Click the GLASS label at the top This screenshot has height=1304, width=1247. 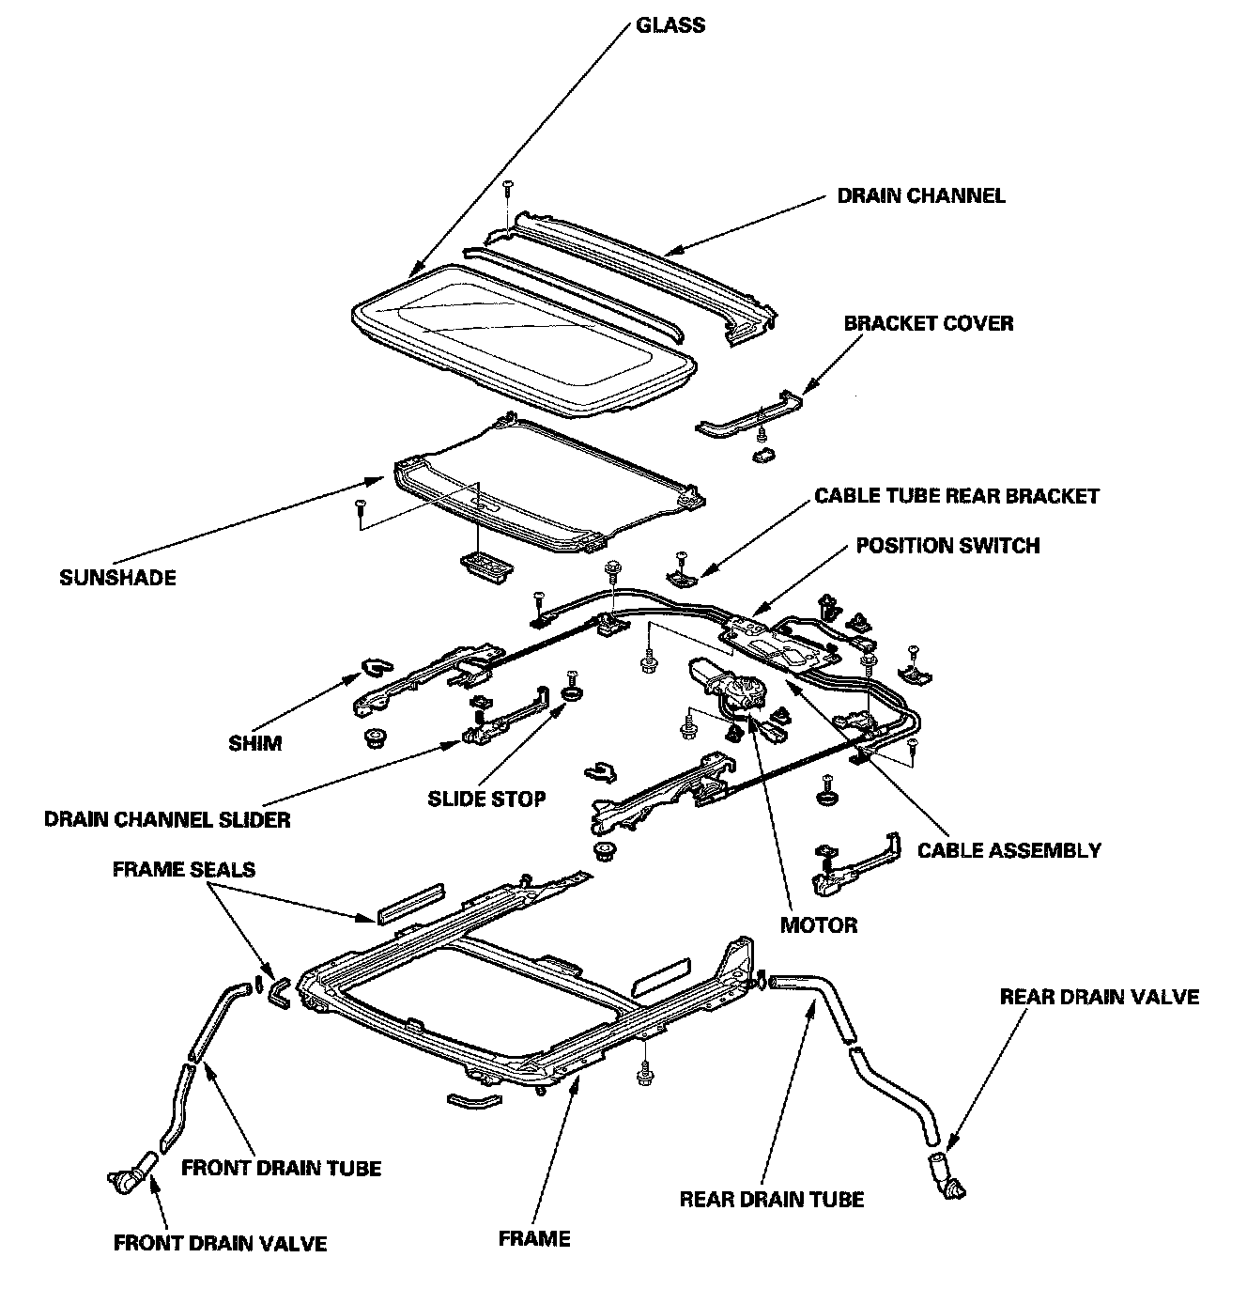(670, 24)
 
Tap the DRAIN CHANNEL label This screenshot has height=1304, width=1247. (920, 196)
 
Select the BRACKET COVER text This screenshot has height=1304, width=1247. (928, 324)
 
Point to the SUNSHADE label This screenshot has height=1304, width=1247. (117, 577)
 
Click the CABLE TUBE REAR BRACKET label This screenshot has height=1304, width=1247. (956, 495)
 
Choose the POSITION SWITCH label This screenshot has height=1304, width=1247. (947, 546)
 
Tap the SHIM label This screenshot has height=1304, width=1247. (254, 743)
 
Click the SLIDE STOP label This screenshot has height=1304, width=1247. (486, 799)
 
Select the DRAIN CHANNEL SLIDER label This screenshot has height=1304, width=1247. (167, 819)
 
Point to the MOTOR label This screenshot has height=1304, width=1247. (819, 925)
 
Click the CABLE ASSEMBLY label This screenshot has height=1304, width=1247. (1008, 851)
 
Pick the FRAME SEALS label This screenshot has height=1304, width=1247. (183, 870)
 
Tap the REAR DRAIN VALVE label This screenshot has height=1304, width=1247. (1099, 997)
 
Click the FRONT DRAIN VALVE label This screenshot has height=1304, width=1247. (220, 1244)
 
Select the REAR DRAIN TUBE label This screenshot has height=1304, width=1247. (771, 1200)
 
